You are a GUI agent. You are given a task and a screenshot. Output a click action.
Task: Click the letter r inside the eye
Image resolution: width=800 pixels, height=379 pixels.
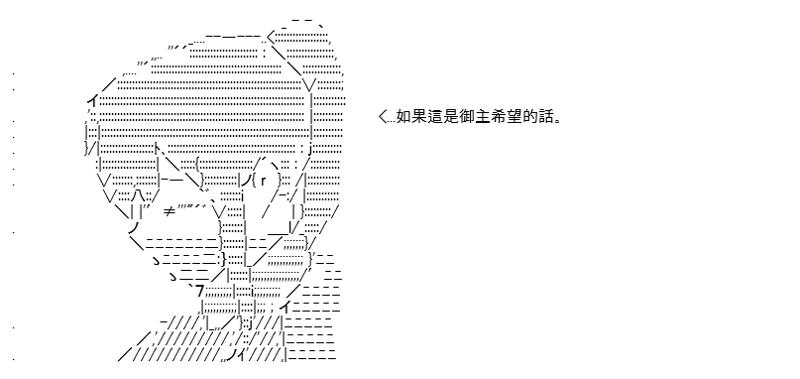pos(264,181)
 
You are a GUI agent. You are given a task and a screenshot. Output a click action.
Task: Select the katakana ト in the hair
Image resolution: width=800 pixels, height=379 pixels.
pos(159,149)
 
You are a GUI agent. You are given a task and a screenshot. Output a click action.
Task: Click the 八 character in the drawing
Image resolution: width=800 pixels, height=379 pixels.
pos(136,196)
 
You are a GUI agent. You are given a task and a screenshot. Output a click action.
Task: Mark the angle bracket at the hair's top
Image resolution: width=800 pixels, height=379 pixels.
pos(272,36)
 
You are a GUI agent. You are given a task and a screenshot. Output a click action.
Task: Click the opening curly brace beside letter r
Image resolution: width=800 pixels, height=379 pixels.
pos(254,181)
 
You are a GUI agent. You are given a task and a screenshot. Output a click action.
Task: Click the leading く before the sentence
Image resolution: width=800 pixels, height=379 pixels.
pos(383,118)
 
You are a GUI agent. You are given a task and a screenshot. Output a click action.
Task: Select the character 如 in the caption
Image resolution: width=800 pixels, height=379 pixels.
pos(403,117)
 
